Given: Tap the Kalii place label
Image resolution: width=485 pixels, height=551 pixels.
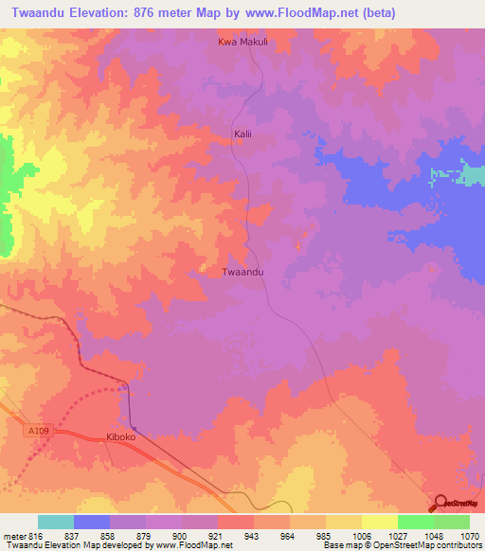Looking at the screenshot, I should tap(244, 134).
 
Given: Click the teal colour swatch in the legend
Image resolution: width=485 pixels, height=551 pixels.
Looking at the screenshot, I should tap(55, 522).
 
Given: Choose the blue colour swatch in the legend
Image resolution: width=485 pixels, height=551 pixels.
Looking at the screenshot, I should tap(91, 522).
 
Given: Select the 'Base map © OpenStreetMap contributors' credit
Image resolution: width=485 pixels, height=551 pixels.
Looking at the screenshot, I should tap(401, 545).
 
